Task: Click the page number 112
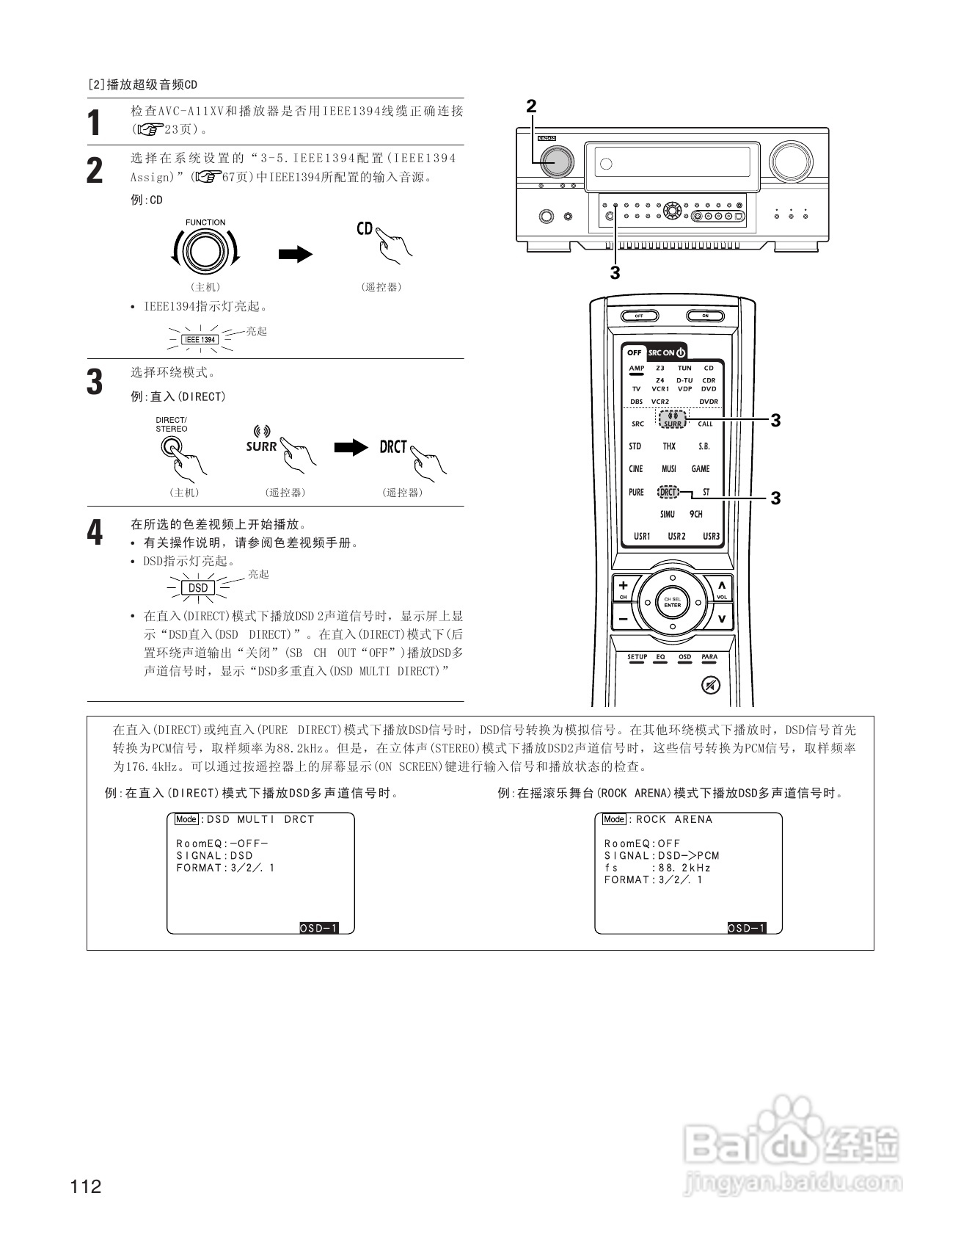pyautogui.click(x=87, y=1186)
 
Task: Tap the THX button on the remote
pyautogui.click(x=669, y=446)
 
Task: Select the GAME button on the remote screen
pyautogui.click(x=701, y=469)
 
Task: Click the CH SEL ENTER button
pyautogui.click(x=672, y=603)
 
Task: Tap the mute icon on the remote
pyautogui.click(x=710, y=685)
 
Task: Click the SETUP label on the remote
pyautogui.click(x=637, y=657)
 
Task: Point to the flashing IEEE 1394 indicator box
pyautogui.click(x=200, y=340)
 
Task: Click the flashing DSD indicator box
pyautogui.click(x=198, y=588)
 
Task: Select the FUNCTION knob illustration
pyautogui.click(x=205, y=252)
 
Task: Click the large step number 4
pyautogui.click(x=95, y=533)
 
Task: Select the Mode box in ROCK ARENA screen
pyautogui.click(x=614, y=819)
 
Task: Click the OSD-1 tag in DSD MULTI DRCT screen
pyautogui.click(x=318, y=928)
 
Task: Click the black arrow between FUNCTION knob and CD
pyautogui.click(x=296, y=254)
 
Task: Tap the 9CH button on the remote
pyautogui.click(x=695, y=515)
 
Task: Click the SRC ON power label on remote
pyautogui.click(x=666, y=352)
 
